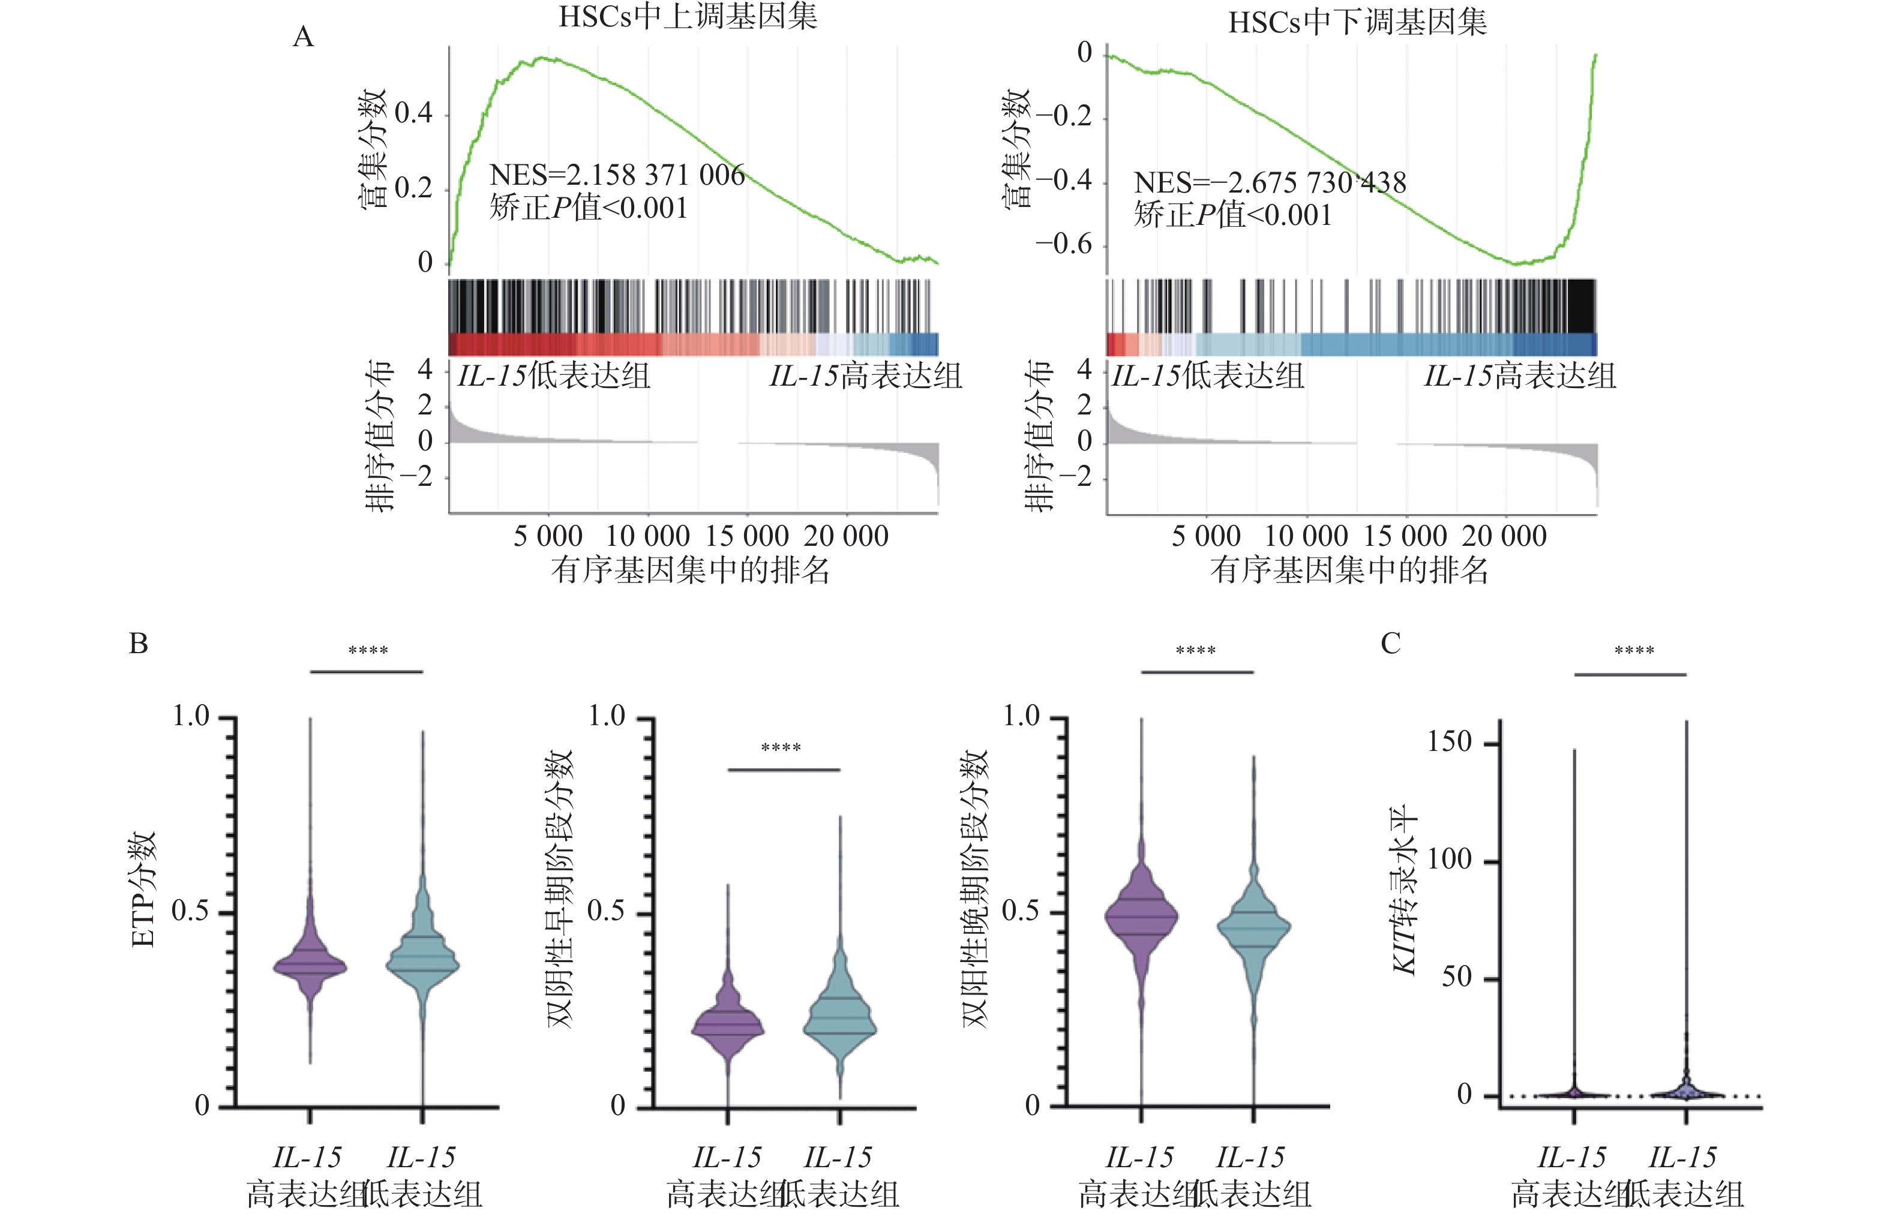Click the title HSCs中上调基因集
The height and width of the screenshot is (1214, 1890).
pos(688,17)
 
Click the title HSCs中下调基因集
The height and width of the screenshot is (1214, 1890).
pos(1357,22)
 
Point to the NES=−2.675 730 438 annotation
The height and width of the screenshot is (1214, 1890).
pos(1270,183)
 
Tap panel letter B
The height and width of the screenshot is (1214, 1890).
pos(139,643)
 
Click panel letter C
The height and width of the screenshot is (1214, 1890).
pos(1390,643)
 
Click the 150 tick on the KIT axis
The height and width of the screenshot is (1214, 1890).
pos(1449,742)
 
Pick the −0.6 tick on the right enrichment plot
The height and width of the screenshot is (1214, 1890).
pos(1064,244)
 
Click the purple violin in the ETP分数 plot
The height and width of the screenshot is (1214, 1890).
pos(310,963)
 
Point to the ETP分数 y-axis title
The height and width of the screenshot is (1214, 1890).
pos(143,890)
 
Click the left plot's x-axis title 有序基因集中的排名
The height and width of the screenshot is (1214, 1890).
pos(690,570)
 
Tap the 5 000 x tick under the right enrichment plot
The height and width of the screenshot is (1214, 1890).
pos(1205,537)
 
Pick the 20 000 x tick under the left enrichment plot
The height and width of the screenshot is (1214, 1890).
pos(846,537)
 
